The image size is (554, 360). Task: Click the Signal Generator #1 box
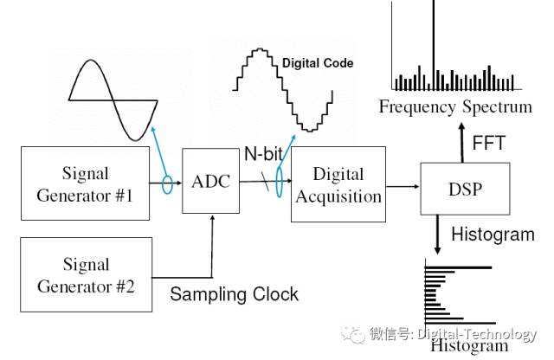tap(85, 183)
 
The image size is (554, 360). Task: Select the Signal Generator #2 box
tap(85, 274)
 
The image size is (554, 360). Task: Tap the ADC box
tap(210, 182)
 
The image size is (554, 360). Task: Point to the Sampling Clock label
tap(234, 294)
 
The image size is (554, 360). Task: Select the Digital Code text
tap(318, 63)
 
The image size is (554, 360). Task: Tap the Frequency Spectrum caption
tap(454, 107)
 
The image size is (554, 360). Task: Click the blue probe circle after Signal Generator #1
tap(167, 183)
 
